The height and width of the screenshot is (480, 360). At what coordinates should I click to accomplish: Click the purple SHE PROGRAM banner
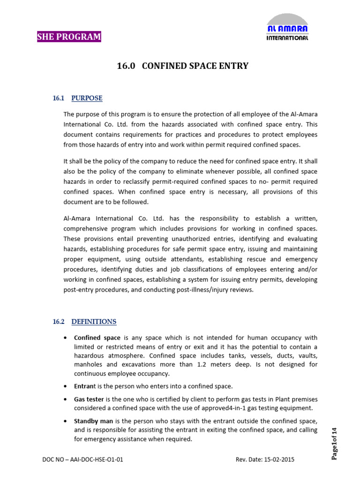coord(69,37)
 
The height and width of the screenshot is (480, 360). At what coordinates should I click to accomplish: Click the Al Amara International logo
coord(287,28)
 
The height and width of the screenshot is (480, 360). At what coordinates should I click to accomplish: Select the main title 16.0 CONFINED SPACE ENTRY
coord(182,66)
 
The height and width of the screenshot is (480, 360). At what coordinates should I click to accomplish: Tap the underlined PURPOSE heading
coord(87,98)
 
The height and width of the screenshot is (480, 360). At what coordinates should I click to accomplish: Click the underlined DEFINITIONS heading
coord(94,322)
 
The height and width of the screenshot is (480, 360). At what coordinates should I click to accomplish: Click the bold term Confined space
coord(97,337)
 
